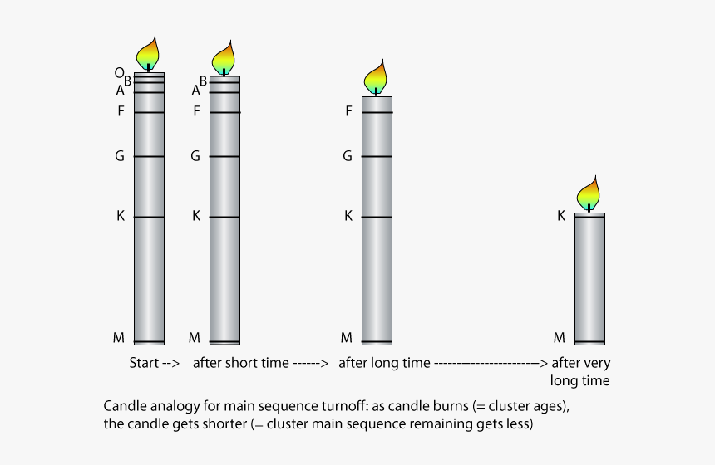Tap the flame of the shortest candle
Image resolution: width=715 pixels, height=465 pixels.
[589, 193]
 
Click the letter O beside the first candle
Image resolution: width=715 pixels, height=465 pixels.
[119, 73]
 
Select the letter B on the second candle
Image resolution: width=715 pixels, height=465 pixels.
[203, 81]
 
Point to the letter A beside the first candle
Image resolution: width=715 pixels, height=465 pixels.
[120, 91]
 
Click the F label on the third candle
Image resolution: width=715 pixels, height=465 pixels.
[348, 110]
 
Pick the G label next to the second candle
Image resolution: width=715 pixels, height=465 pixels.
[195, 155]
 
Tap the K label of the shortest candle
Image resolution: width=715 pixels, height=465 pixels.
[561, 216]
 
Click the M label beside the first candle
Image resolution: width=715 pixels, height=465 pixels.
[118, 337]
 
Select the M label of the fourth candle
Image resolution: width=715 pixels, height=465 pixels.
[560, 337]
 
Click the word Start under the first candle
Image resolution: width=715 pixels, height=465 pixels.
[145, 363]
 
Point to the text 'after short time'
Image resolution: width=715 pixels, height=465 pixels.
[241, 363]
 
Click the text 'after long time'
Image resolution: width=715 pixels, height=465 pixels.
[384, 363]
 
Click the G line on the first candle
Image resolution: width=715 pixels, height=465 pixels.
[149, 156]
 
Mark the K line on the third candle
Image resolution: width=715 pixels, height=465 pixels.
[377, 217]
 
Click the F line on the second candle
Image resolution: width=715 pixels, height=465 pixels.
[224, 112]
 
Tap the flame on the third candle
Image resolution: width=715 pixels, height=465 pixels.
[376, 77]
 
